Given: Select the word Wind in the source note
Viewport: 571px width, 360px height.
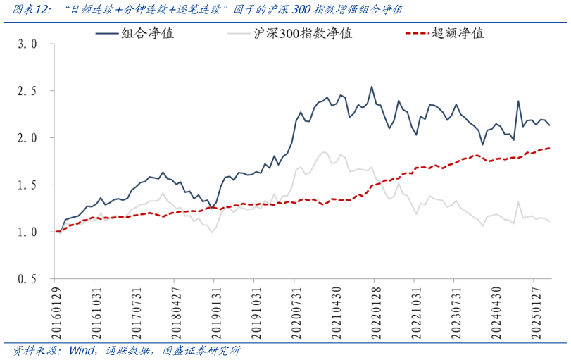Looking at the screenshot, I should click(x=82, y=350).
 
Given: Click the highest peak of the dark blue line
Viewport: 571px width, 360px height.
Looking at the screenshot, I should click(x=372, y=87).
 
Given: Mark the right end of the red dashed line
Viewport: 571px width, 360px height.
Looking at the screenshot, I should click(x=550, y=148).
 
